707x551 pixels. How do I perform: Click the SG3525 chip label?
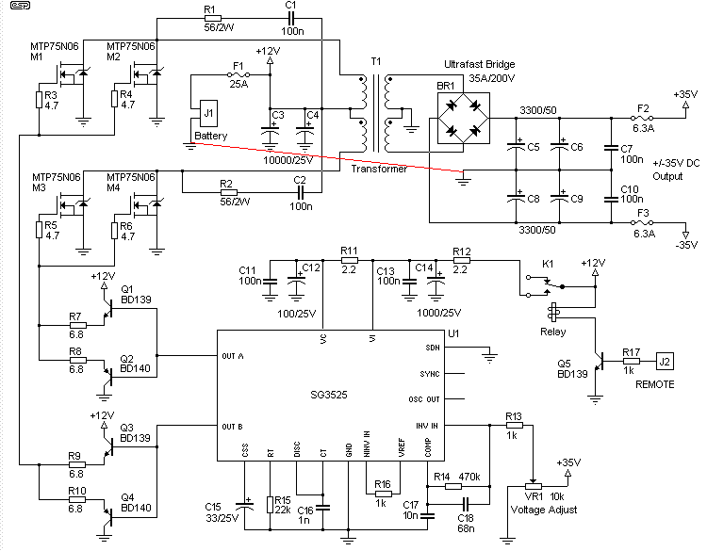pyautogui.click(x=329, y=395)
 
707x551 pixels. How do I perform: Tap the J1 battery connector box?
pyautogui.click(x=208, y=113)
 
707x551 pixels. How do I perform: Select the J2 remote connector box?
pyautogui.click(x=665, y=362)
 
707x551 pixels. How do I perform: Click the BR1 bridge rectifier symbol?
pyautogui.click(x=464, y=119)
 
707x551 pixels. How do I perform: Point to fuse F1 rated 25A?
pyautogui.click(x=238, y=74)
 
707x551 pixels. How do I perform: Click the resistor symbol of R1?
pyautogui.click(x=213, y=19)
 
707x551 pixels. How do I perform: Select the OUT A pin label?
pyautogui.click(x=233, y=356)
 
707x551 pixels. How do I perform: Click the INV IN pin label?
pyautogui.click(x=426, y=426)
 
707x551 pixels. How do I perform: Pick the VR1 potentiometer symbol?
pyautogui.click(x=534, y=486)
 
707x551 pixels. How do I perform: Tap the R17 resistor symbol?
pyautogui.click(x=632, y=361)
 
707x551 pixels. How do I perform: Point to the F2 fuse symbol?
pyautogui.click(x=642, y=118)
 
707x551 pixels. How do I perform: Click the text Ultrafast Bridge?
pyautogui.click(x=479, y=64)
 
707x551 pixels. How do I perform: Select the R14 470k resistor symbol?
pyautogui.click(x=453, y=487)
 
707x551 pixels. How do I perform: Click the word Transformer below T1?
pyautogui.click(x=379, y=169)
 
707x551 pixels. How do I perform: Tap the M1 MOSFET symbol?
pyautogui.click(x=73, y=75)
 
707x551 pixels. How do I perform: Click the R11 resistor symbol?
pyautogui.click(x=349, y=260)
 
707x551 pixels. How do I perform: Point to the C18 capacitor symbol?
pyautogui.click(x=467, y=504)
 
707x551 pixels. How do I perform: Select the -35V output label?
pyautogui.click(x=686, y=245)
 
